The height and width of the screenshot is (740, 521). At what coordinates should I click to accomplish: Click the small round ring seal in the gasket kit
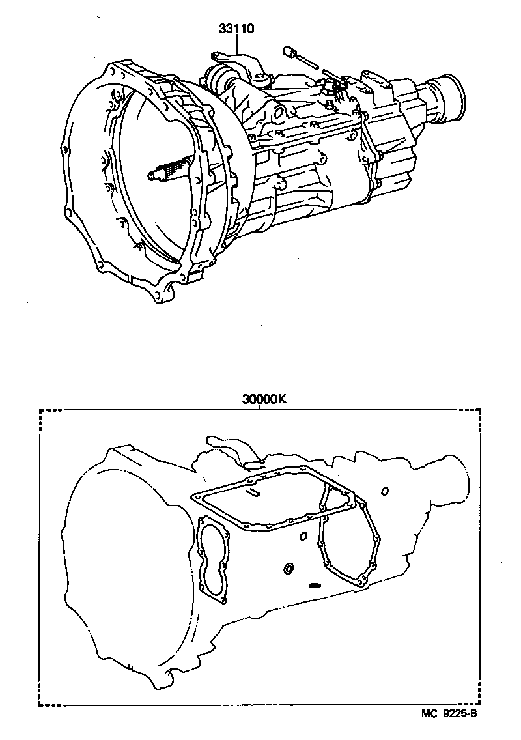tap(287, 571)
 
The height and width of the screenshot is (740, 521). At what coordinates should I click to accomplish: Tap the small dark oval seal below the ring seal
tap(315, 584)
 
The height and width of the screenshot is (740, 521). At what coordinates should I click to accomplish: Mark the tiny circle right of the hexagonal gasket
tap(386, 490)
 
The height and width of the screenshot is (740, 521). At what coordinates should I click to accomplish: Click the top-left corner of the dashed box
tap(40, 410)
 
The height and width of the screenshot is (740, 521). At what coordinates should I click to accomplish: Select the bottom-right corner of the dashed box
tap(481, 705)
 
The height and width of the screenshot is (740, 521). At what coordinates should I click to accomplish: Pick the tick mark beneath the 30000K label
tap(259, 408)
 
